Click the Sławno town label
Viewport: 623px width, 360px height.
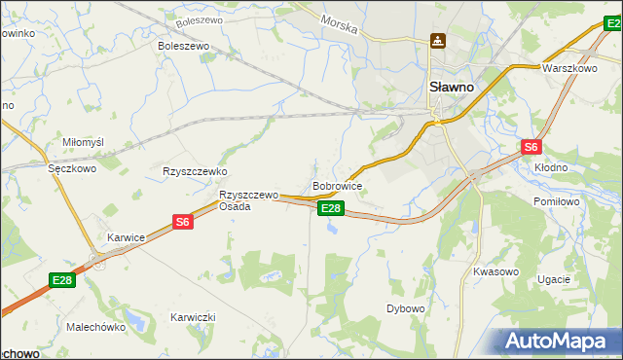tap(452, 87)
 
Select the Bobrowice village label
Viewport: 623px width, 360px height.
tap(338, 185)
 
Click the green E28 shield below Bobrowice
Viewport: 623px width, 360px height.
tap(331, 208)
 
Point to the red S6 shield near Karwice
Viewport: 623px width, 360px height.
tap(183, 223)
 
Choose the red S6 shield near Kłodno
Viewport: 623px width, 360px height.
tap(531, 148)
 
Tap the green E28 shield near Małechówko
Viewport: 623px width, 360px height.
tap(62, 281)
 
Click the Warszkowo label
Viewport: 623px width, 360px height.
tap(569, 69)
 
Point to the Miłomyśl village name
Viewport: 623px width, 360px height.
tap(83, 142)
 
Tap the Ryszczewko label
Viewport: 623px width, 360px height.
tap(195, 170)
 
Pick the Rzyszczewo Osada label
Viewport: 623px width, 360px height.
tap(248, 200)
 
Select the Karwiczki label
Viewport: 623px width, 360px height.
tap(193, 318)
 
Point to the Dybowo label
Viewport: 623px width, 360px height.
tap(406, 308)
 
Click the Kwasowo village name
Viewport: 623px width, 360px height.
tap(495, 271)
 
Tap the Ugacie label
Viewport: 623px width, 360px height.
tap(553, 279)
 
